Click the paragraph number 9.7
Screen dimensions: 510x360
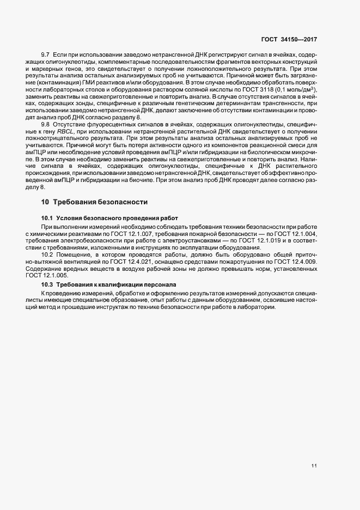pos(46,57)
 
